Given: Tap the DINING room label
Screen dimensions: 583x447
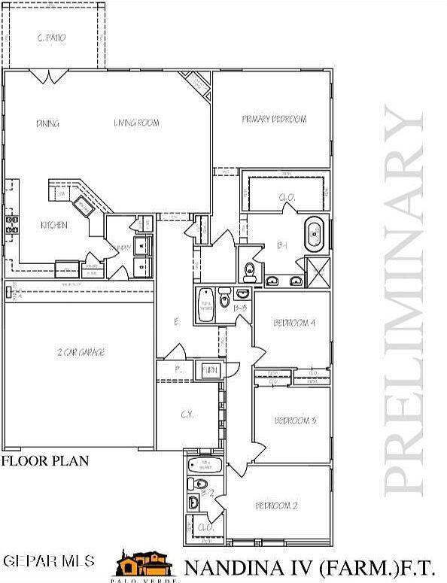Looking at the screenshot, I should tap(47, 123).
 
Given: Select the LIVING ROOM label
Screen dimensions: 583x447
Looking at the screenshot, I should tap(136, 123).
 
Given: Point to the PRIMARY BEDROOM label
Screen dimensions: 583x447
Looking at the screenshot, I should tap(274, 119).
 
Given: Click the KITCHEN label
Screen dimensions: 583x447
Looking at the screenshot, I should tap(54, 225).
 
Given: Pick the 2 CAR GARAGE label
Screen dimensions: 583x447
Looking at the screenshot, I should tap(80, 352).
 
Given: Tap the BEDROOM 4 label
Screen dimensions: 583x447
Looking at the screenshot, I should tap(293, 323).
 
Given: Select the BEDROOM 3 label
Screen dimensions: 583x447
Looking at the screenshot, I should tap(294, 420).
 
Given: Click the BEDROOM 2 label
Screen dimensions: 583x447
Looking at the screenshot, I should tap(276, 506).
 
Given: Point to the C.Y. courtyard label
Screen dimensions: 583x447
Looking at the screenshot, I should tap(187, 415).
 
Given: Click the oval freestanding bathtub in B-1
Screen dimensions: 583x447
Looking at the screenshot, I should tap(314, 235).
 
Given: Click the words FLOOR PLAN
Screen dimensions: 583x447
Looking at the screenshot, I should tap(45, 460).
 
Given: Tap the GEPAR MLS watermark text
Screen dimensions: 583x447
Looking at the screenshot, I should tap(49, 561).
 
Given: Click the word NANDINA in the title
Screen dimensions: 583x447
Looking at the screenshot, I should tap(228, 566).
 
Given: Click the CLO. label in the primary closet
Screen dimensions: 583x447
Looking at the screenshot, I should tap(287, 197).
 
